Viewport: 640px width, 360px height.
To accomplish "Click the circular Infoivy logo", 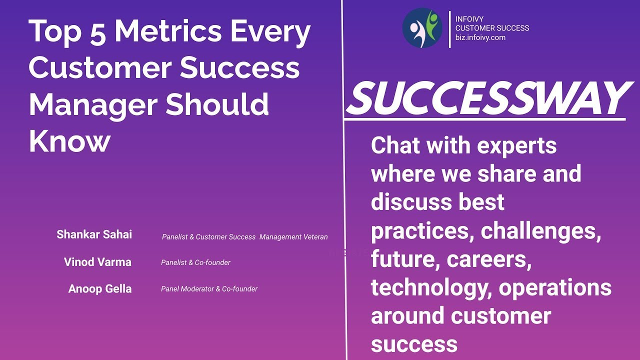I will click(x=422, y=28).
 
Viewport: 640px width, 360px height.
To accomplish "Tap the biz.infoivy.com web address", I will click(x=480, y=37).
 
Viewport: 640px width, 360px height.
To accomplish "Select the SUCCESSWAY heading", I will click(x=486, y=98).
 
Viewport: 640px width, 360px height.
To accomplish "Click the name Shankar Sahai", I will click(x=94, y=234).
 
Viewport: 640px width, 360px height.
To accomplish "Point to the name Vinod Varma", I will click(x=97, y=261).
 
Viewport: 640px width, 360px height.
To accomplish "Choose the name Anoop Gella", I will click(x=100, y=288).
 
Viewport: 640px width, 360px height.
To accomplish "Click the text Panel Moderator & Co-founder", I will click(x=209, y=288).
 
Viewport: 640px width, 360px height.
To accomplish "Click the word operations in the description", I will click(x=555, y=288).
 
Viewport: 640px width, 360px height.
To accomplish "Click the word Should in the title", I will click(x=217, y=104).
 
